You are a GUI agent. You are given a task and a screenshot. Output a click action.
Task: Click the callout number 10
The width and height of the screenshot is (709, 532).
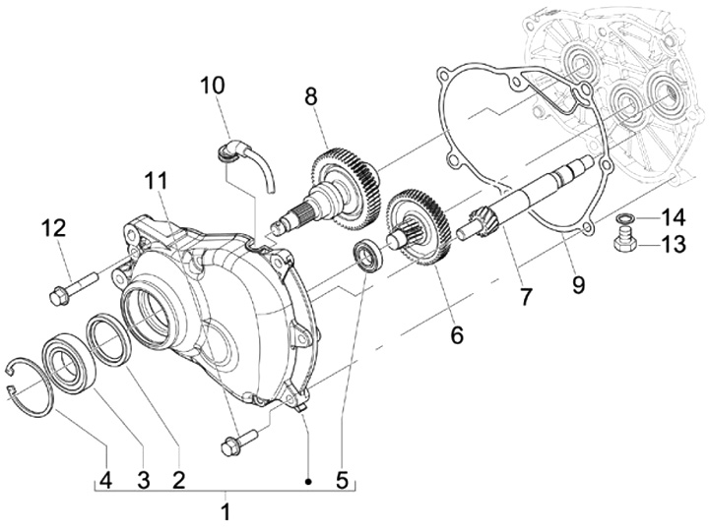click(212, 86)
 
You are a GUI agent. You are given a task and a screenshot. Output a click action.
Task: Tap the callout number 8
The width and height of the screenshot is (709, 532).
click(311, 96)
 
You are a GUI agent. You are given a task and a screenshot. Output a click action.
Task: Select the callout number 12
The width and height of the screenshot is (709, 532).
click(55, 228)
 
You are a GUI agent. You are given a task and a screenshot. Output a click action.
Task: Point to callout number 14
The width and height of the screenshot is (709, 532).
click(674, 217)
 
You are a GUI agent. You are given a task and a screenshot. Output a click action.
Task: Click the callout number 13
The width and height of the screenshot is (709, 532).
click(674, 244)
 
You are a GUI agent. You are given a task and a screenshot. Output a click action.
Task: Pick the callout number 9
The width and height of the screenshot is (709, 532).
click(578, 284)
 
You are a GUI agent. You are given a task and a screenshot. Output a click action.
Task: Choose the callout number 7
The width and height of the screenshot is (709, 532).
click(525, 297)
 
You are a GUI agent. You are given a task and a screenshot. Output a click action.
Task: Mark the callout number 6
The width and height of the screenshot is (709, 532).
click(457, 335)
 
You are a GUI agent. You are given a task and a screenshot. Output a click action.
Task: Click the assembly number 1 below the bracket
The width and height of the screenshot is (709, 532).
click(226, 512)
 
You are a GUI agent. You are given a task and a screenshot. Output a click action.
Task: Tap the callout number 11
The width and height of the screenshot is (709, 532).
click(156, 181)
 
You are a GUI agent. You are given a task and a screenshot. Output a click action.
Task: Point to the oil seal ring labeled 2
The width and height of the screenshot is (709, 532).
click(109, 340)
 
